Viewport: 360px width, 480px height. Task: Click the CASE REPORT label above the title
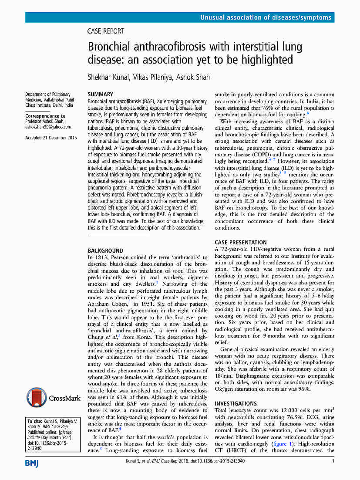coord(106,31)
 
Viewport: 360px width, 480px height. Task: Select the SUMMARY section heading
coord(101,94)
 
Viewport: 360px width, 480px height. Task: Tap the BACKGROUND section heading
coord(106,251)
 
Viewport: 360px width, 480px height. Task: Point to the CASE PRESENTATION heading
coord(241,243)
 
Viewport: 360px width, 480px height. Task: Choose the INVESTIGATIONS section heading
coord(236,404)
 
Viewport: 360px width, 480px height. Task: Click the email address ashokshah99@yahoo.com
coord(48,127)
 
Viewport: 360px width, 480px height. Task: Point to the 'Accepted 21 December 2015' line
coord(51,138)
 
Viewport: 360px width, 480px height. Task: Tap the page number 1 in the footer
coord(333,461)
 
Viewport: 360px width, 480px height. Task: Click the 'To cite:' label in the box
coord(35,422)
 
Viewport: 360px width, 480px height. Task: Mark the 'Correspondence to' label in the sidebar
coord(45,116)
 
